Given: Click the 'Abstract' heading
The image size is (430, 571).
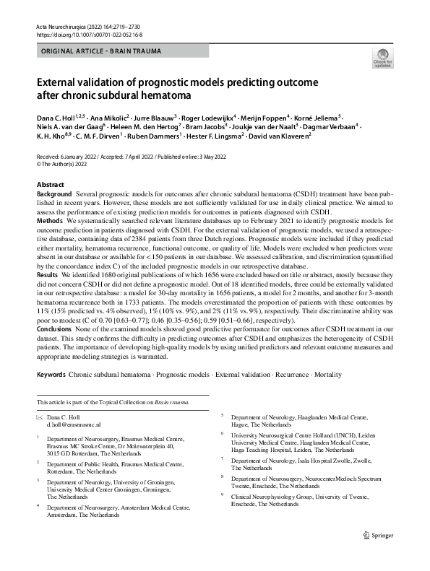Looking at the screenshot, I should point(51,186).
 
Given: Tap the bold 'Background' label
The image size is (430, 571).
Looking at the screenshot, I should point(54,196).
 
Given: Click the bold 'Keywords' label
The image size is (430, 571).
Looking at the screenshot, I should point(51,376).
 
